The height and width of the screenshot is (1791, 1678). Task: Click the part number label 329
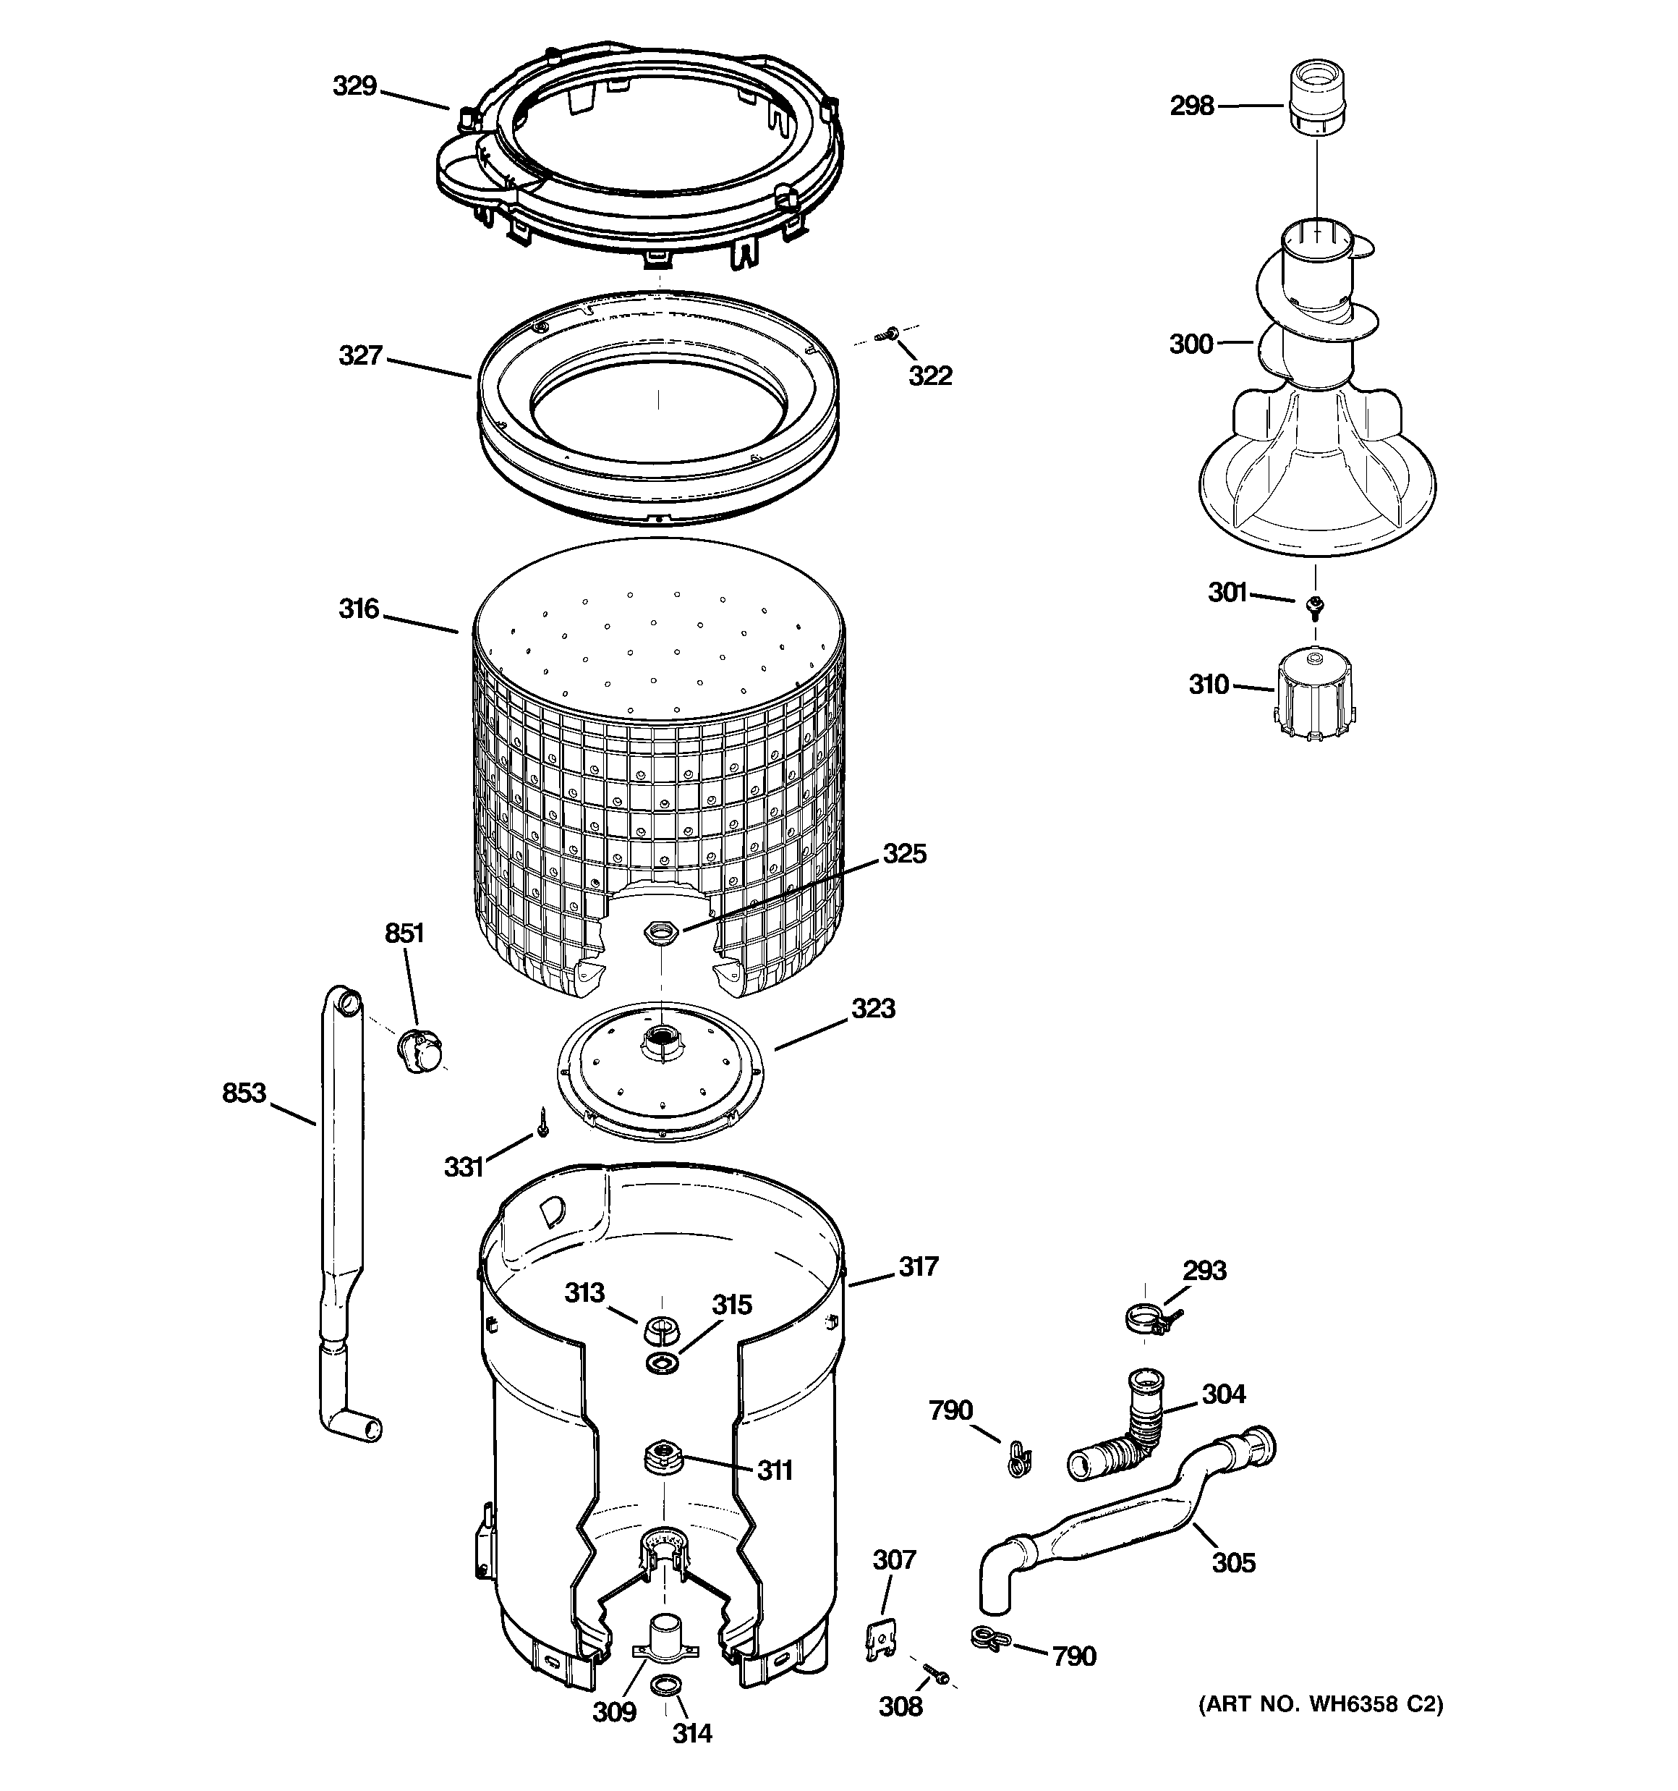(354, 87)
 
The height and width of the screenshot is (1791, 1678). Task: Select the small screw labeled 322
(887, 334)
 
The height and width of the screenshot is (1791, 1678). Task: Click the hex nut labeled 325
(662, 931)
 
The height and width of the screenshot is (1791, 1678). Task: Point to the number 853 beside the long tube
(244, 1093)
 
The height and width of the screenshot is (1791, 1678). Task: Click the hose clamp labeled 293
(1145, 1321)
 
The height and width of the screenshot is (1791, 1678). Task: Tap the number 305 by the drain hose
(1233, 1562)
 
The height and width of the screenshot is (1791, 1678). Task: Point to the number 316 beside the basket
(359, 609)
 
